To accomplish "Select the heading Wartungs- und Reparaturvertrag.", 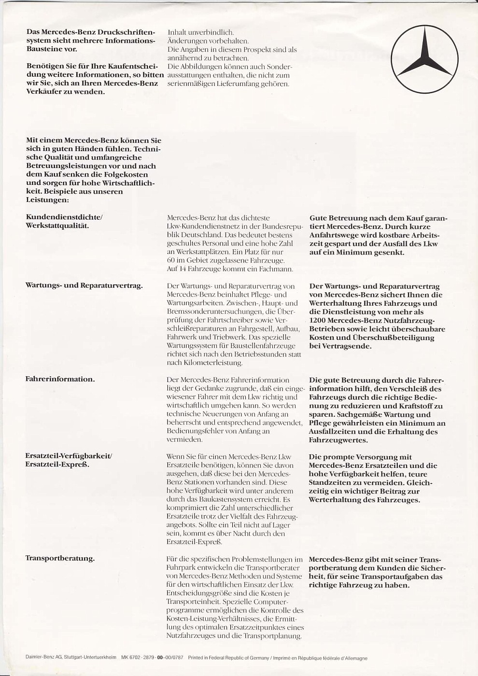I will (84, 285).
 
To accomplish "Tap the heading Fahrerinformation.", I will (60, 379).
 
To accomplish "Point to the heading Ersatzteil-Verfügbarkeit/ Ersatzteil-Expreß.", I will (69, 460).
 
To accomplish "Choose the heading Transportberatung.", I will (60, 559).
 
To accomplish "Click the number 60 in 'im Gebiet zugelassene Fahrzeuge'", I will (171, 261).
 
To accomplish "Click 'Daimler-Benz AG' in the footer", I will (43, 658).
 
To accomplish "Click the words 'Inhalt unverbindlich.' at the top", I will (200, 32).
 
